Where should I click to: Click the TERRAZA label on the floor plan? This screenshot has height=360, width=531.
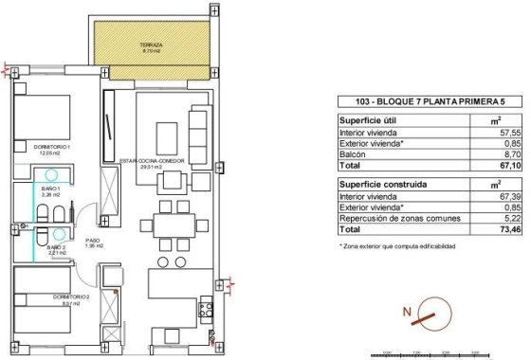(152, 45)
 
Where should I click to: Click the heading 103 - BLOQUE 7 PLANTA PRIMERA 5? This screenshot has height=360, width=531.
(417, 103)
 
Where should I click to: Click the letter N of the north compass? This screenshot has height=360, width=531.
(407, 312)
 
